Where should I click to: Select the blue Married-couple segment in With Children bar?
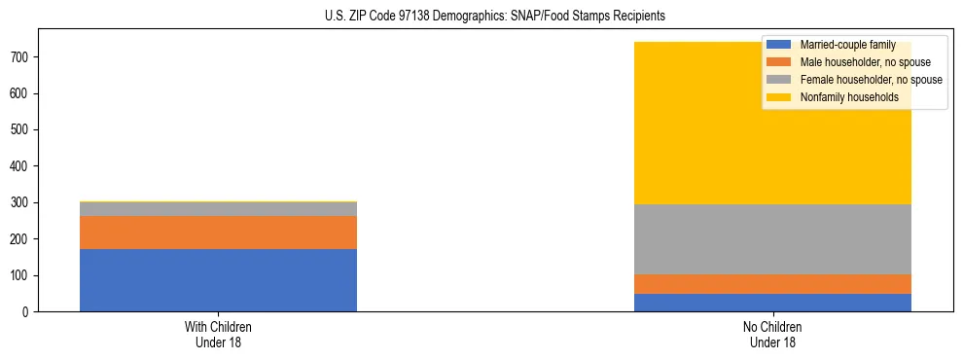click(218, 280)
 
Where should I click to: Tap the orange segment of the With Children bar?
click(218, 233)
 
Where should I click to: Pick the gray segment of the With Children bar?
click(218, 209)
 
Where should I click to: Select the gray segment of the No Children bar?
click(772, 239)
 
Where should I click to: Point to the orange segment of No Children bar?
click(772, 284)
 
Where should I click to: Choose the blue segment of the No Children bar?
click(772, 303)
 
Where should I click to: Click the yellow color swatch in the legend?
click(778, 97)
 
